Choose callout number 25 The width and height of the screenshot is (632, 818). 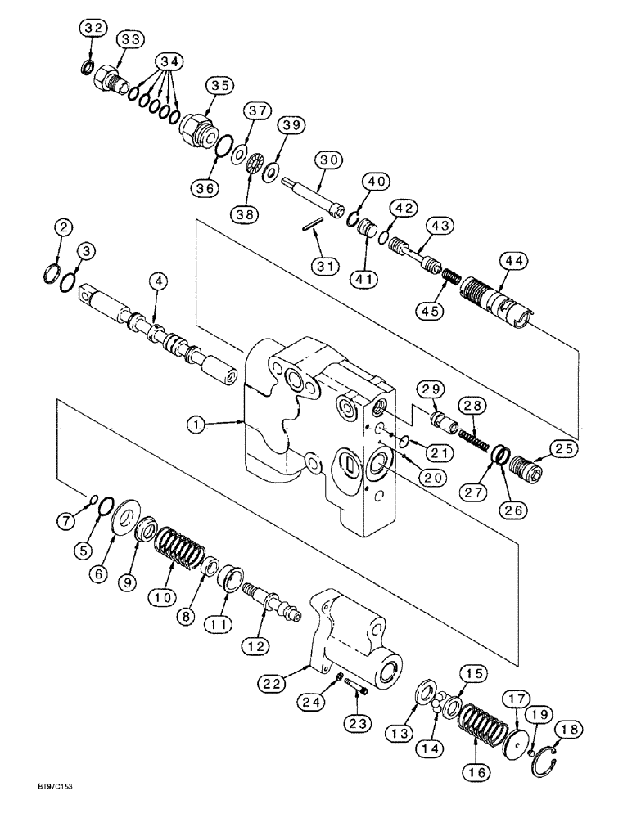point(563,448)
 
